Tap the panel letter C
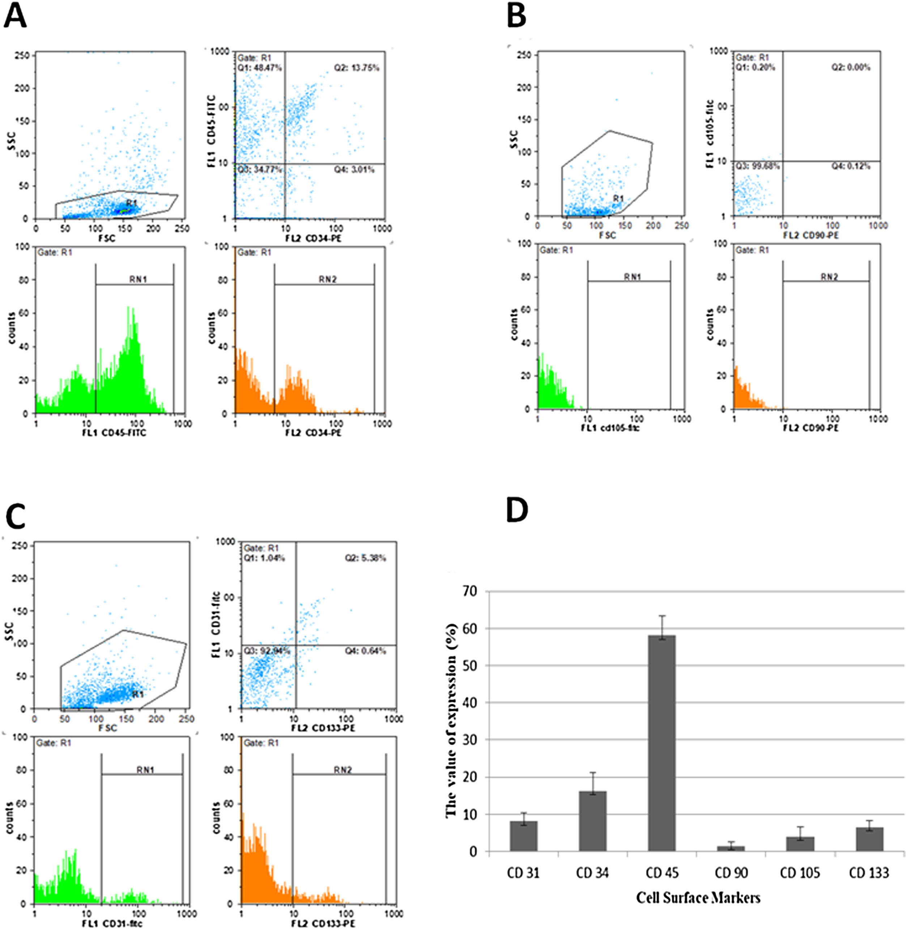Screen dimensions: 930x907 pyautogui.click(x=15, y=520)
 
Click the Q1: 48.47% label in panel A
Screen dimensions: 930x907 pyautogui.click(x=260, y=68)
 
